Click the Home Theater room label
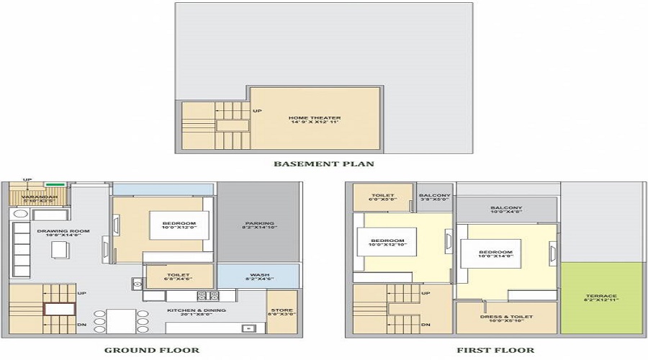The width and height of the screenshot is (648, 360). tap(315, 120)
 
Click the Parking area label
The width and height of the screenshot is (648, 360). tap(259, 226)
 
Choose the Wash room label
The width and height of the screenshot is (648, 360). tap(259, 277)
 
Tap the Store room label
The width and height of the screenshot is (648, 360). tap(282, 311)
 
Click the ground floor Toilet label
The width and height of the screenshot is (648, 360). tap(179, 277)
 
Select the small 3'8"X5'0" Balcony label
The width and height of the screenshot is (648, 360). tap(435, 198)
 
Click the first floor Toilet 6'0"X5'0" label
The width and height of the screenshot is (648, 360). tap(382, 198)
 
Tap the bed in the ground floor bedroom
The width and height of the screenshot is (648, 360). tap(179, 225)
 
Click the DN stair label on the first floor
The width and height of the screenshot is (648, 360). tap(426, 325)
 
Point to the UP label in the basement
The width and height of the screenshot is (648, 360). tap(257, 111)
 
